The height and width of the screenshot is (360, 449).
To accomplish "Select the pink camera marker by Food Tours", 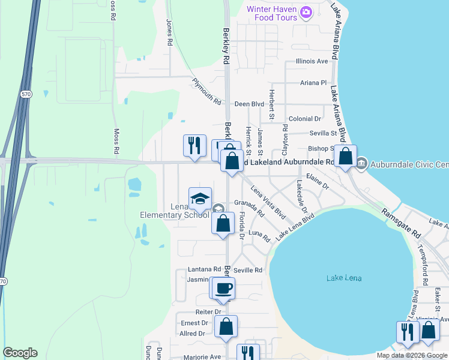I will coord(307,12).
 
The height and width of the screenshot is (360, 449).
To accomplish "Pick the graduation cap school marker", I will coord(200,197).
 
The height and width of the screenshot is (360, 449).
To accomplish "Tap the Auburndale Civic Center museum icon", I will coord(361,163).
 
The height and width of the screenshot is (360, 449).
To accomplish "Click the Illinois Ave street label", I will coord(312,61).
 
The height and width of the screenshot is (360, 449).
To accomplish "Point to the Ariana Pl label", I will coord(315,83).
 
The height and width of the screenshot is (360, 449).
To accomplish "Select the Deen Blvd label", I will coord(249,104).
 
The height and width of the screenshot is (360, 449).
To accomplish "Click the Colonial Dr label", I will coord(304,119).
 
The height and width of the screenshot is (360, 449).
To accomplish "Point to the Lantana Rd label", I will coord(204,270).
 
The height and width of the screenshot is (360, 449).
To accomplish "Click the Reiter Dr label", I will coord(208,312).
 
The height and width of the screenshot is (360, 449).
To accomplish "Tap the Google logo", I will coord(20,353).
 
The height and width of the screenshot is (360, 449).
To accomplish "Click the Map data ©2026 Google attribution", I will coord(412,355).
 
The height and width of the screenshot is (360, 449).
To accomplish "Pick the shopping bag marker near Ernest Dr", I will coord(226,327).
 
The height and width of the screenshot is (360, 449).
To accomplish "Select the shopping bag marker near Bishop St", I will coord(345,157).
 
